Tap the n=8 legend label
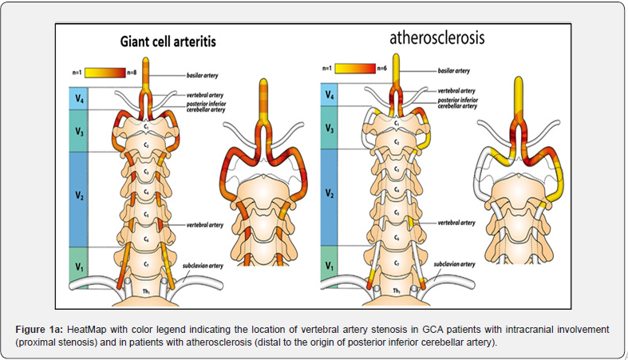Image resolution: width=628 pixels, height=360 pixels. tap(137, 73)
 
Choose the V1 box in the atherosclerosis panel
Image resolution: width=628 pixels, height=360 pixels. tap(329, 263)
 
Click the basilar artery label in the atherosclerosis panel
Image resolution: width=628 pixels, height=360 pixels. tap(455, 71)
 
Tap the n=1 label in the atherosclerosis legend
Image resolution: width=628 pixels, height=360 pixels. tap(328, 69)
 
